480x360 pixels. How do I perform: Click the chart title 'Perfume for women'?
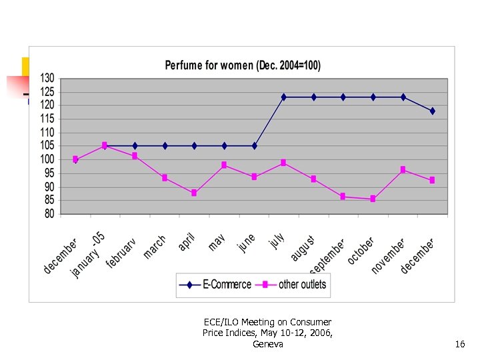point(243,65)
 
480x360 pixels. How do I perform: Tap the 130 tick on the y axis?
point(47,78)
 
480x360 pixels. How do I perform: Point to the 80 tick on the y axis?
point(49,214)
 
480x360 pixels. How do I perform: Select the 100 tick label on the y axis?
point(47,159)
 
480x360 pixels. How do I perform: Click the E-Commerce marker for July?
point(283,97)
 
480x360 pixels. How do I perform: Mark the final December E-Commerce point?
point(432,111)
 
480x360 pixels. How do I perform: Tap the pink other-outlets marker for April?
point(194,193)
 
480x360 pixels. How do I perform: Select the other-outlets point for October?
point(373,199)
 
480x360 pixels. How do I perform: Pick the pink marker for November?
point(403,170)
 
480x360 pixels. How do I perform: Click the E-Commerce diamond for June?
point(254,145)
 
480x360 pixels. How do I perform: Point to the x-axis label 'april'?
point(187,242)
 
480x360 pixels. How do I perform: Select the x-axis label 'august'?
point(302,248)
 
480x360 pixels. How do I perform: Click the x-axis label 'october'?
point(361,250)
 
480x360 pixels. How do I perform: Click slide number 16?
point(459,344)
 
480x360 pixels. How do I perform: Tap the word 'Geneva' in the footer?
point(268,344)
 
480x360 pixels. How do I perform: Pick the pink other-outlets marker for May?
point(224,165)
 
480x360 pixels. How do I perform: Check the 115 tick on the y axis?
point(47,119)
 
